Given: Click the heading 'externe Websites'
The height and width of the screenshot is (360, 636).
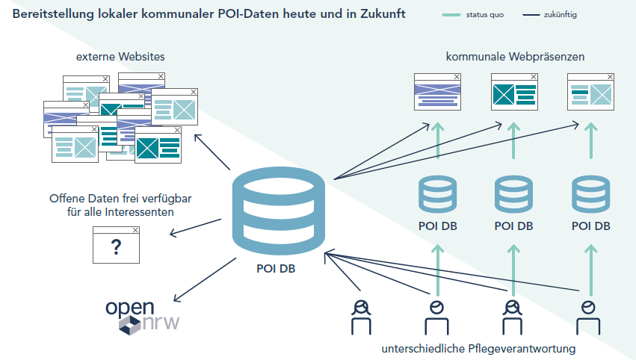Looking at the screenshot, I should pyautogui.click(x=120, y=57).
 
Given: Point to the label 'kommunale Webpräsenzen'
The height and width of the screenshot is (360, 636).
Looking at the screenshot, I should pyautogui.click(x=515, y=57).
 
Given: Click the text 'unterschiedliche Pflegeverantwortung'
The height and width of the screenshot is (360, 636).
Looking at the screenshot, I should pyautogui.click(x=479, y=349).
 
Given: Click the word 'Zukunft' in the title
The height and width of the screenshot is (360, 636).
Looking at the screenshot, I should pyautogui.click(x=380, y=14).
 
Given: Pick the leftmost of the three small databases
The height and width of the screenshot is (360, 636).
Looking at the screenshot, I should pyautogui.click(x=438, y=193).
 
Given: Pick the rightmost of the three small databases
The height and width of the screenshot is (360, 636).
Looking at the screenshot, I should pyautogui.click(x=590, y=193).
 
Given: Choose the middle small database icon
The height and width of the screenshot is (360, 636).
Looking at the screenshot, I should pyautogui.click(x=514, y=193).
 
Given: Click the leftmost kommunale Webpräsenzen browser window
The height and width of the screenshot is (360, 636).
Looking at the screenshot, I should pyautogui.click(x=437, y=91).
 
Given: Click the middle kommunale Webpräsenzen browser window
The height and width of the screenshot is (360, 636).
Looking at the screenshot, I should pyautogui.click(x=514, y=91).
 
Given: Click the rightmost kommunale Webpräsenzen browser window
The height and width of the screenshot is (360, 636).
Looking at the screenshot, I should pyautogui.click(x=590, y=91).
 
